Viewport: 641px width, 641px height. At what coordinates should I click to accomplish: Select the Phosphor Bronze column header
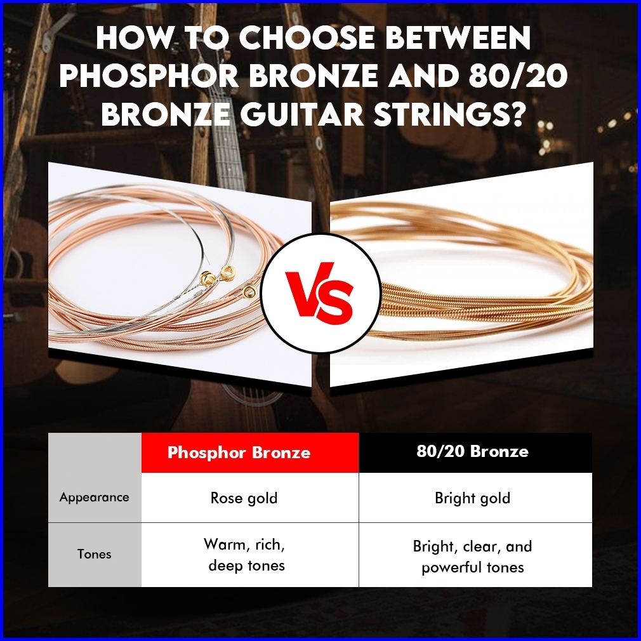click(239, 453)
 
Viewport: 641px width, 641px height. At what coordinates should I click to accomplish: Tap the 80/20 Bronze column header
click(473, 451)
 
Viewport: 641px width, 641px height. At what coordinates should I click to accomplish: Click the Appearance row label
click(95, 497)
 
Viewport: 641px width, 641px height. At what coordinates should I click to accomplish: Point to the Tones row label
click(95, 554)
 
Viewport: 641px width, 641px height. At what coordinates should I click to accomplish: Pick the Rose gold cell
click(244, 498)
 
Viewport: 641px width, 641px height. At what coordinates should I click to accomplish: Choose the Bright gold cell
click(473, 498)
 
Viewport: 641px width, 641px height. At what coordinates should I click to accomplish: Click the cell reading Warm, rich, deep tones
click(245, 555)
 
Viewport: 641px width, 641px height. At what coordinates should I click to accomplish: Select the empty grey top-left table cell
click(95, 453)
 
